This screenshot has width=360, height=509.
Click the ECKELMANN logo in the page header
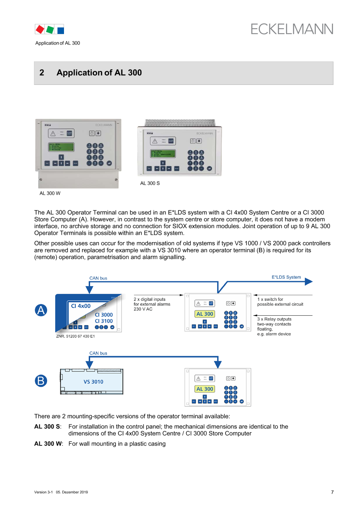(292, 29)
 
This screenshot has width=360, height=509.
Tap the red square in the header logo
(40, 30)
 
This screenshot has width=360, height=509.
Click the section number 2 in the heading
(42, 73)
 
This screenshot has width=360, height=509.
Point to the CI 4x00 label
(81, 306)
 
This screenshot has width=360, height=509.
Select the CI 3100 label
(104, 321)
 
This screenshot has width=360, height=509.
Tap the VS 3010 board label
(93, 382)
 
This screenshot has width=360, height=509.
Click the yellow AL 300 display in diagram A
(205, 314)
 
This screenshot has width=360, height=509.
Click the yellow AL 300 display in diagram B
(205, 389)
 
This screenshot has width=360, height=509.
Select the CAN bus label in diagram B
(98, 353)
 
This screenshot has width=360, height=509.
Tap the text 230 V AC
(144, 309)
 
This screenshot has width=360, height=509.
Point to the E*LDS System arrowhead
(309, 282)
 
